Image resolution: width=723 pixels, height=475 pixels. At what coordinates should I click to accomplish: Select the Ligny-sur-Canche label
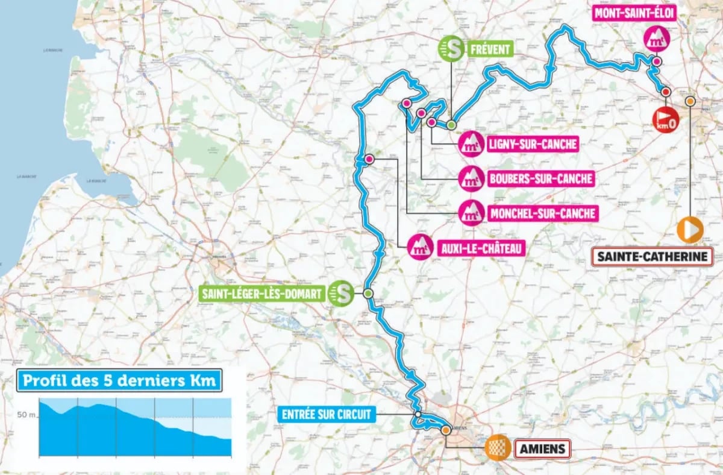click(x=533, y=145)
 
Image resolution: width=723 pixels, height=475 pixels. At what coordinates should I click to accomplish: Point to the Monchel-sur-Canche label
click(x=542, y=213)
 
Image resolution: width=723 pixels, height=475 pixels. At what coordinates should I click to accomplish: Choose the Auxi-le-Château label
click(x=478, y=247)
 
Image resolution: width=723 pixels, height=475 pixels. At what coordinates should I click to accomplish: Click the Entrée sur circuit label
click(x=328, y=414)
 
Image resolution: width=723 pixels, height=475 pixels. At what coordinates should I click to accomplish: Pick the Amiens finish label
click(x=542, y=448)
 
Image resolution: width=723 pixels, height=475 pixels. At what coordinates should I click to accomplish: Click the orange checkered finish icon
click(x=498, y=448)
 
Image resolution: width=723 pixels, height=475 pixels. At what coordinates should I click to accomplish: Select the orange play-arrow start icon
click(x=690, y=230)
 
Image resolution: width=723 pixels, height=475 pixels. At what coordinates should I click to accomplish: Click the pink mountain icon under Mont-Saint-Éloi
click(x=656, y=39)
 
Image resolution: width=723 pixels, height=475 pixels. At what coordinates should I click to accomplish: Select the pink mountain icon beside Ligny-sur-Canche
click(x=471, y=145)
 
